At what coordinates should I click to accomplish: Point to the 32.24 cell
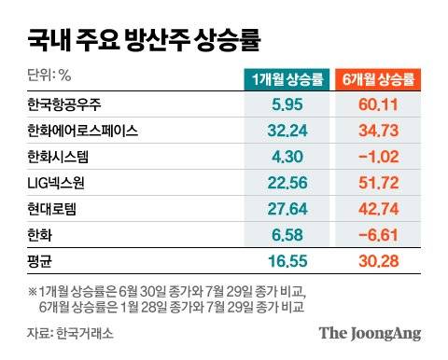[287, 132]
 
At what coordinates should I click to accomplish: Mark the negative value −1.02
[380, 158]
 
